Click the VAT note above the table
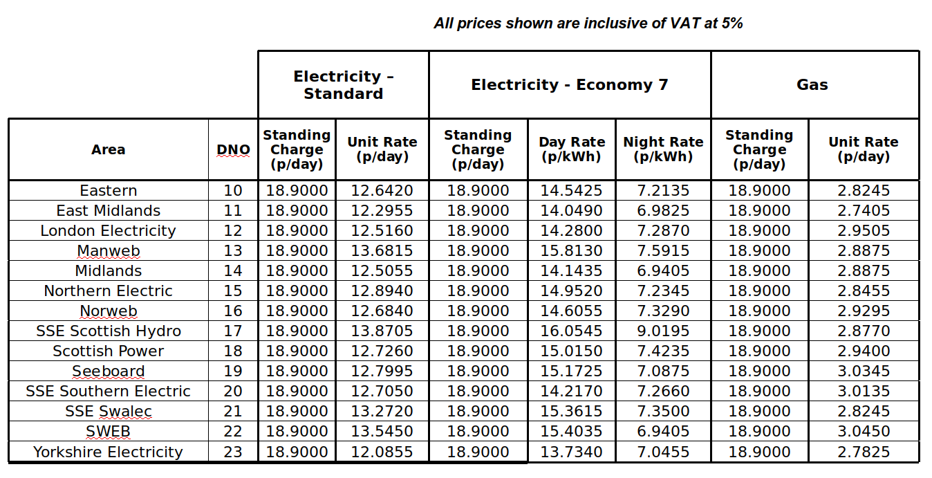588,24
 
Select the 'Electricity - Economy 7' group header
570,85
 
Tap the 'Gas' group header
812,85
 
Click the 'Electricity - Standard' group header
343,85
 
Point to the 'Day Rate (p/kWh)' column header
572,149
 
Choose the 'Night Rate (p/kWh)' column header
663,149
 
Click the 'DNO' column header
233,150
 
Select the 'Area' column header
109,149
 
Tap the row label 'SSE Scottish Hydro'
109,331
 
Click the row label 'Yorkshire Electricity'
109,452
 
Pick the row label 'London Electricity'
109,231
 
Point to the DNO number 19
233,371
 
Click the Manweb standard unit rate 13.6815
382,251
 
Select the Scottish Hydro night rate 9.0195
663,331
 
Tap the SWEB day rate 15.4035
572,432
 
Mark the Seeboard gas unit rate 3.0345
864,371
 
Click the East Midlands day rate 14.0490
572,211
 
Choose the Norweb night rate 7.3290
663,311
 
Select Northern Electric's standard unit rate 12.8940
382,291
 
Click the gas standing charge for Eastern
759,191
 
